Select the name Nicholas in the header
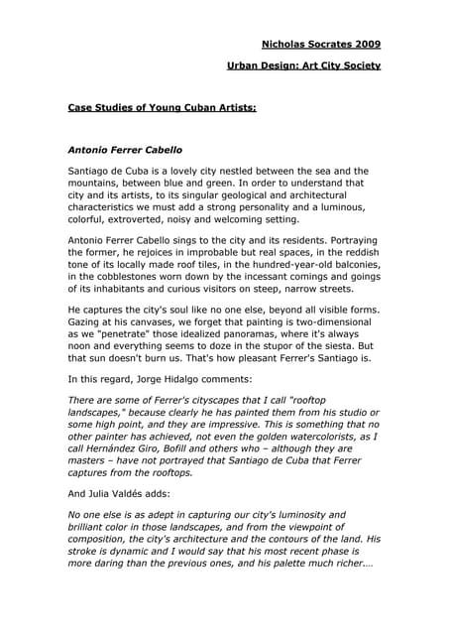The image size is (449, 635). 287,44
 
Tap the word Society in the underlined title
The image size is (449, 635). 356,65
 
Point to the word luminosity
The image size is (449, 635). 286,516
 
